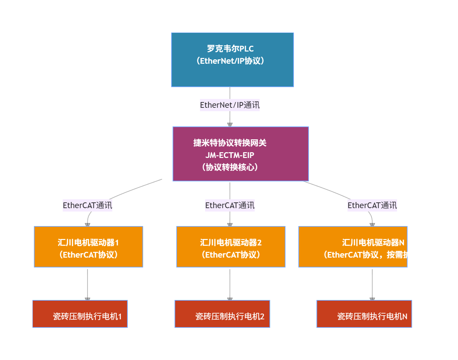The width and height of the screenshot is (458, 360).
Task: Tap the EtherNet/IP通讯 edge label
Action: click(230, 105)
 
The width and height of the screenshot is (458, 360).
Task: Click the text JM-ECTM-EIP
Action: click(230, 155)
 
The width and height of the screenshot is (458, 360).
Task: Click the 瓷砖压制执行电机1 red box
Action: click(80, 314)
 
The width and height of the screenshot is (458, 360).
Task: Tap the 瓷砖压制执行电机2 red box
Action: click(222, 314)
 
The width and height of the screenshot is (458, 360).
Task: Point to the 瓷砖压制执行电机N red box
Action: click(364, 314)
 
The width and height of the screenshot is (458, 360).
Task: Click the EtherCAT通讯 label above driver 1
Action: click(87, 205)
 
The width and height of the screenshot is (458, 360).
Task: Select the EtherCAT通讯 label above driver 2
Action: click(230, 205)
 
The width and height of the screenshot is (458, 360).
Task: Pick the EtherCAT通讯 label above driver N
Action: click(372, 205)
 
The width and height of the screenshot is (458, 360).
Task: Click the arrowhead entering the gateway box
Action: click(230, 124)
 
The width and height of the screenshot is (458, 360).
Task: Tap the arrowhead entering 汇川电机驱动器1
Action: click(87, 224)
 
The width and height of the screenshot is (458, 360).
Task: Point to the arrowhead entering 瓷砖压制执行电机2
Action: click(230, 299)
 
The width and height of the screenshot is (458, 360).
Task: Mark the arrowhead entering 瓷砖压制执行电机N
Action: click(372, 299)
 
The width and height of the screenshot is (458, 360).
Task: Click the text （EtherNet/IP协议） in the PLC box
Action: click(230, 61)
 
